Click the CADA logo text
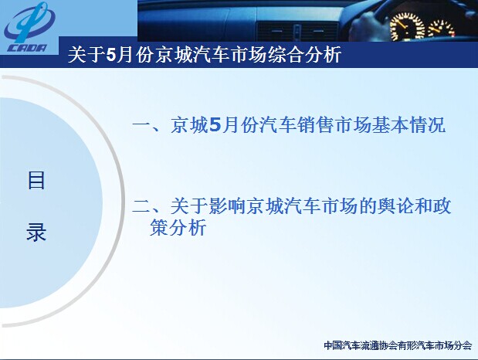click(27, 48)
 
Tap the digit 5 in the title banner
click(112, 55)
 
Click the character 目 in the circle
click(36, 180)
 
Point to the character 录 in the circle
click(36, 233)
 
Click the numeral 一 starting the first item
click(141, 125)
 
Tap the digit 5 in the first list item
click(215, 125)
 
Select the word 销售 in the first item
click(316, 125)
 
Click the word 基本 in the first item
click(391, 125)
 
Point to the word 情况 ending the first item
click(428, 125)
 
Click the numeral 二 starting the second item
click(141, 206)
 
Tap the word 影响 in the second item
click(227, 206)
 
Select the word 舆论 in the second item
click(395, 206)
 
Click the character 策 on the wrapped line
click(159, 227)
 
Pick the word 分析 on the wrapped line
click(188, 227)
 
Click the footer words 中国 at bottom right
click(333, 345)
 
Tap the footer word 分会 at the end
click(463, 345)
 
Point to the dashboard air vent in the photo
click(298, 32)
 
